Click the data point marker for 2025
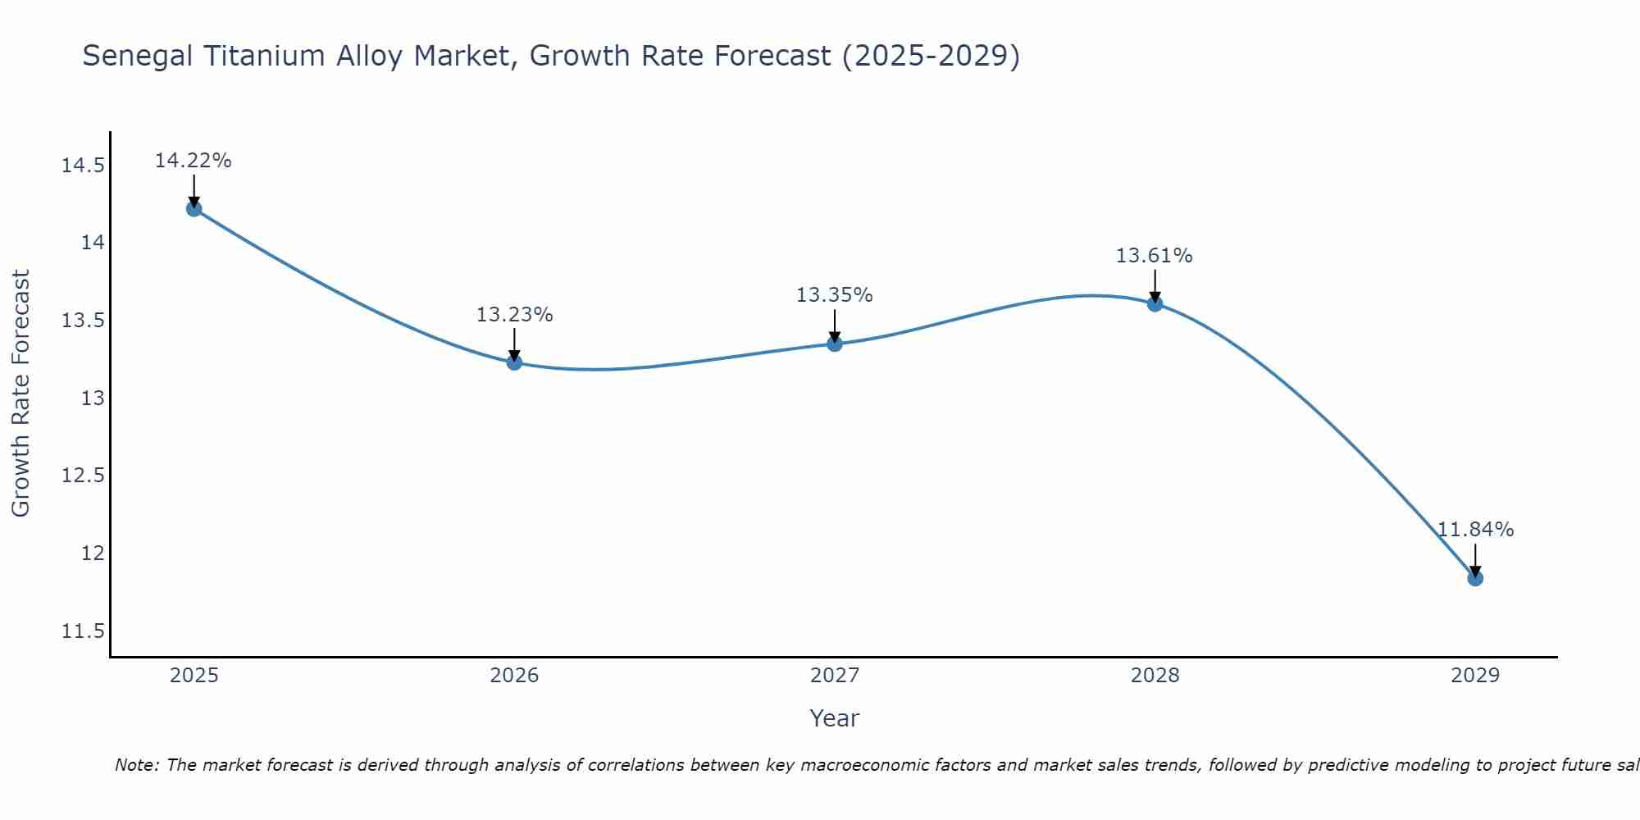click(194, 208)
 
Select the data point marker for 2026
click(514, 362)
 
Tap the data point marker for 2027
click(835, 344)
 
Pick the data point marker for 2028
click(1155, 303)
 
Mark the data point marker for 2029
click(1475, 578)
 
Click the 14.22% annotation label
click(194, 161)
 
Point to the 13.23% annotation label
click(514, 315)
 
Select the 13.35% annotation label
click(835, 295)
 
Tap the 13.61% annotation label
click(1155, 256)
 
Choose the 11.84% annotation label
click(1475, 530)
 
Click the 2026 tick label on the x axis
click(514, 676)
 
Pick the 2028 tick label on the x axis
click(1155, 676)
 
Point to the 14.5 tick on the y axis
click(83, 166)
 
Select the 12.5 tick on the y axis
click(83, 476)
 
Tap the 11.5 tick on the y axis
click(83, 631)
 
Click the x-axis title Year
click(834, 718)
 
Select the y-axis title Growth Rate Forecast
click(20, 393)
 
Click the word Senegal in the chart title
click(138, 57)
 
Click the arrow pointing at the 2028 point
click(1155, 287)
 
